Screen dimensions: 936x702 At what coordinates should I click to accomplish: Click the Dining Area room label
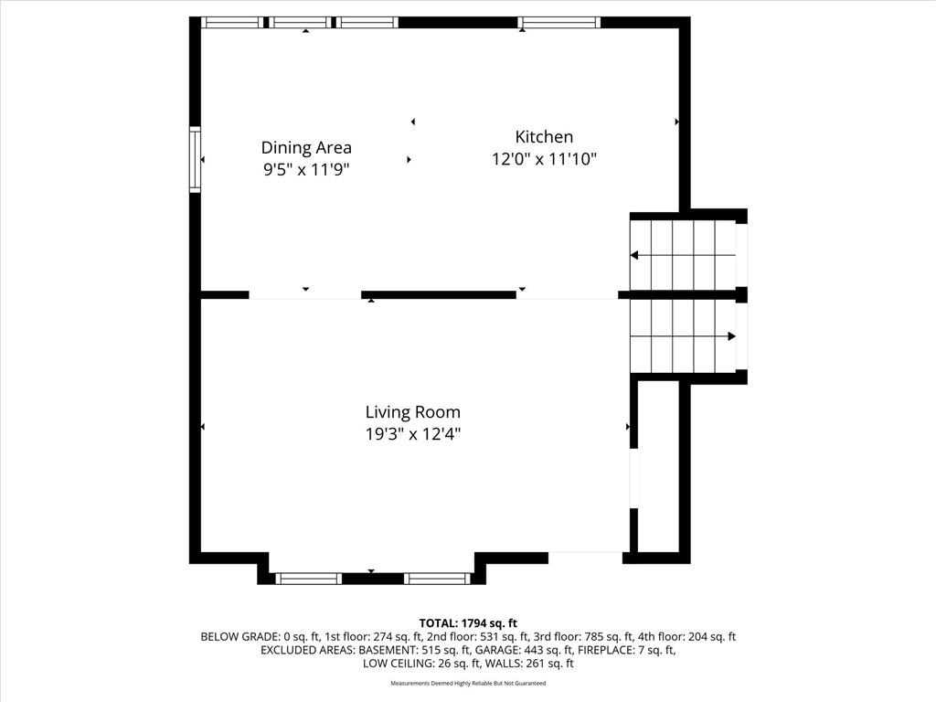pyautogui.click(x=306, y=147)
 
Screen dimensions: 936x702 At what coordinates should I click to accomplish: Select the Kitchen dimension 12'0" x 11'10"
pyautogui.click(x=545, y=159)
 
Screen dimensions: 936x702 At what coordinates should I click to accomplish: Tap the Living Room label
pyautogui.click(x=413, y=412)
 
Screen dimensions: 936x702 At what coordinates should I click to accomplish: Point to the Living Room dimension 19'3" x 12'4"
pyautogui.click(x=413, y=434)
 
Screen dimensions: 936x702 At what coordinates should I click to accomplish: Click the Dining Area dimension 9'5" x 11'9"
pyautogui.click(x=306, y=170)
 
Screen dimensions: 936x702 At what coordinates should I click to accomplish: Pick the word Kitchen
pyautogui.click(x=545, y=137)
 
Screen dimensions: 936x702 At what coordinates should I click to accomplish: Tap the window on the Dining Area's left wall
pyautogui.click(x=196, y=159)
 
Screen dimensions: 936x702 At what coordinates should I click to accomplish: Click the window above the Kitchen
pyautogui.click(x=558, y=23)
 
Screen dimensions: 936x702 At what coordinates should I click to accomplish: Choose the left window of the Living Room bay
pyautogui.click(x=309, y=579)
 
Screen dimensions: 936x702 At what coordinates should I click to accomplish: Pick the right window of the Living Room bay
pyautogui.click(x=438, y=579)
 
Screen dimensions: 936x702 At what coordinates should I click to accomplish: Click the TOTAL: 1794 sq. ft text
pyautogui.click(x=468, y=623)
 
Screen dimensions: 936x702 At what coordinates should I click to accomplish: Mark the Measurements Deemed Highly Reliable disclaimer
pyautogui.click(x=468, y=683)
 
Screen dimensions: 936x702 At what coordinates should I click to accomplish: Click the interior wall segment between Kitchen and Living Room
pyautogui.click(x=439, y=295)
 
